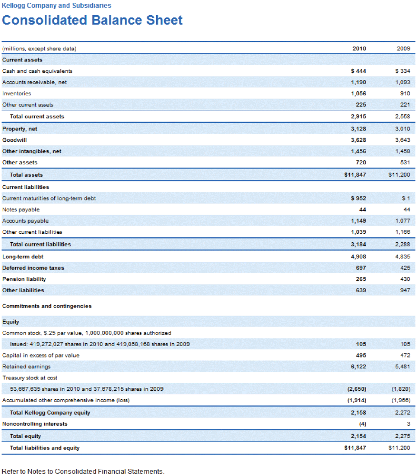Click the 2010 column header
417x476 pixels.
click(359, 49)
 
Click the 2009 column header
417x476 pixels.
click(403, 49)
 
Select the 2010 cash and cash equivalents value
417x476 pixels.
click(358, 71)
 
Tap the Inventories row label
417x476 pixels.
click(16, 93)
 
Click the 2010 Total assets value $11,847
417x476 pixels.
click(355, 175)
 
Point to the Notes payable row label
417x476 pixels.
click(21, 210)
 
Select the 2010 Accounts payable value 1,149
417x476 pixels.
click(358, 221)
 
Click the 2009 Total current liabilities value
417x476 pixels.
click(402, 244)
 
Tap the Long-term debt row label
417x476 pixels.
click(23, 257)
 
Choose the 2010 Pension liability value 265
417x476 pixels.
click(361, 279)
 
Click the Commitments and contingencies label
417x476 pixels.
click(47, 306)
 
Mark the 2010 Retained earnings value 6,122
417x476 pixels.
click(358, 367)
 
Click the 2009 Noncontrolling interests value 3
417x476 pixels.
click(408, 424)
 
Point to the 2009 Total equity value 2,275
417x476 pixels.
click(402, 436)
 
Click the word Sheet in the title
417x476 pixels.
click(164, 20)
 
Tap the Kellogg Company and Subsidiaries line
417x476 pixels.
click(57, 5)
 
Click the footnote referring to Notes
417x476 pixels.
click(83, 471)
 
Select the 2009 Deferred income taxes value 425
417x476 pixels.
click(405, 268)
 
